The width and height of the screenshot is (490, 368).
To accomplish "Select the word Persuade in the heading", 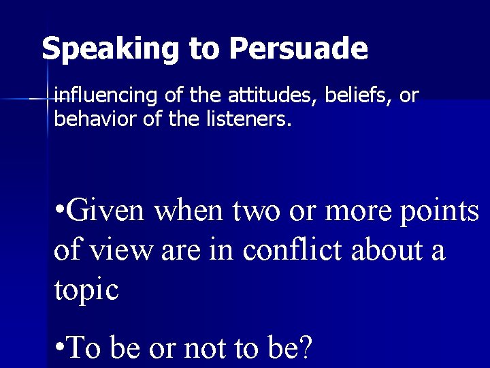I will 299,49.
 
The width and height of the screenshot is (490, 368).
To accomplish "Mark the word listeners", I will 251,120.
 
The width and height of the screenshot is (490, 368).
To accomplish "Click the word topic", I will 86,290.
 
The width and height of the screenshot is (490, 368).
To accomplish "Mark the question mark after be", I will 306,348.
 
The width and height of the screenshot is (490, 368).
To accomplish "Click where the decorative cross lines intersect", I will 47,99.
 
